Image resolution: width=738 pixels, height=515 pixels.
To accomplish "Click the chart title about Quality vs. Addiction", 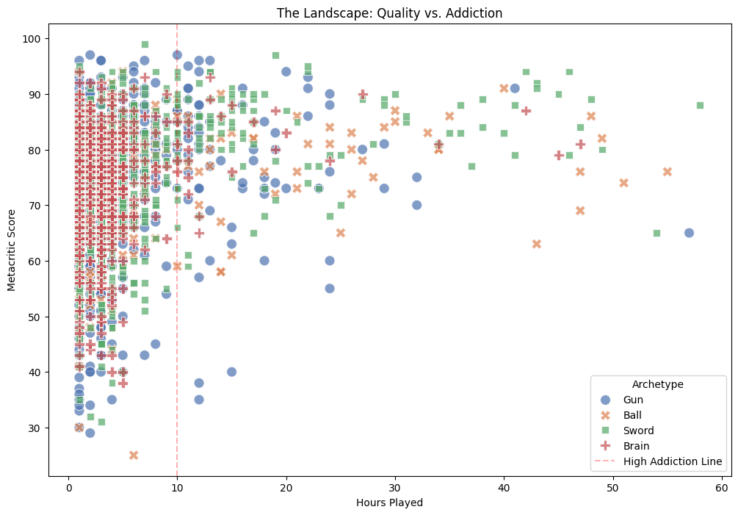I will pos(389,13).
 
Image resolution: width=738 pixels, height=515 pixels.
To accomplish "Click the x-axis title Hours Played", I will pos(389,503).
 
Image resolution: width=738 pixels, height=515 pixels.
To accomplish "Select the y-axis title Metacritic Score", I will pos(12,248).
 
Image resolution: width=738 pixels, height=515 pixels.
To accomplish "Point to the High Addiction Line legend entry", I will pos(672,461).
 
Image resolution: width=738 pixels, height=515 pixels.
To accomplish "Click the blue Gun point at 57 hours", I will pos(689,233).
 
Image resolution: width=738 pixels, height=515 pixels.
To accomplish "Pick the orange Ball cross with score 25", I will pos(134,455).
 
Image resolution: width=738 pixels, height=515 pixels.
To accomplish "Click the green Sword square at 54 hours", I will pos(656,233).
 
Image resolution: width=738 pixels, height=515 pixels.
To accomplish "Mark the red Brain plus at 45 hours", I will pos(559,155).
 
